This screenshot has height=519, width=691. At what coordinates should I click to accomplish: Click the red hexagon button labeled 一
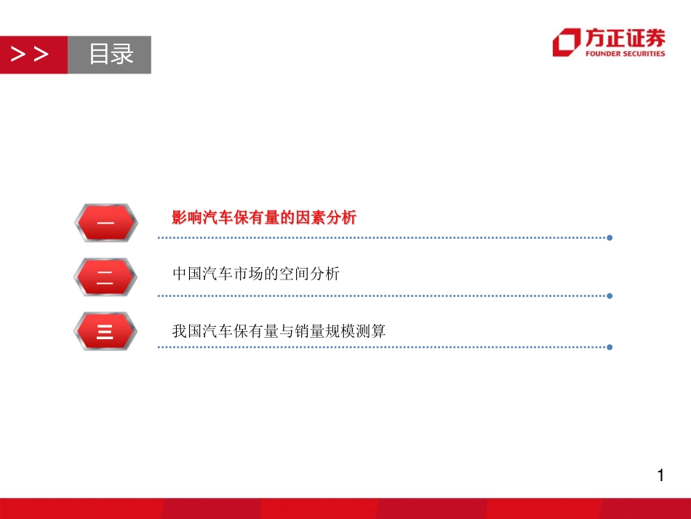[x=105, y=223]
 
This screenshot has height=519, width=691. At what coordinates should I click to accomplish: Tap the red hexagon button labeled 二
[x=105, y=277]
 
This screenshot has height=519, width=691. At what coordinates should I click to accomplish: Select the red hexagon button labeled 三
[x=105, y=331]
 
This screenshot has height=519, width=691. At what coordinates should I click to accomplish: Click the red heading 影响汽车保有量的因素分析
[x=264, y=218]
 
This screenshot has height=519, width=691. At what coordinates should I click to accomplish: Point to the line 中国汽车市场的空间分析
[x=256, y=274]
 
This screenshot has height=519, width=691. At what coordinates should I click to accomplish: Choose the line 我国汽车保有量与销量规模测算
[x=279, y=331]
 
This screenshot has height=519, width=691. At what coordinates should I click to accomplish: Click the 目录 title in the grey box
[x=111, y=55]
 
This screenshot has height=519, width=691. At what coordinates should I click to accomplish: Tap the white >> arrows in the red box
[x=31, y=55]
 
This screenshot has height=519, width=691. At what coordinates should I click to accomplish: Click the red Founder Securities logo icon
[x=567, y=42]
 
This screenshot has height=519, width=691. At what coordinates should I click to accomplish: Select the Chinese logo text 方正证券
[x=625, y=37]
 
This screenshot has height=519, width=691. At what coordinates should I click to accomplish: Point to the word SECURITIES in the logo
[x=644, y=53]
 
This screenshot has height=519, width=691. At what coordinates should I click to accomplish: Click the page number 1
[x=660, y=477]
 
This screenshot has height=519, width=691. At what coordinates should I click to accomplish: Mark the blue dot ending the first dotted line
[x=610, y=238]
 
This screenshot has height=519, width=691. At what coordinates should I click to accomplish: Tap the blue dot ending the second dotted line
[x=610, y=296]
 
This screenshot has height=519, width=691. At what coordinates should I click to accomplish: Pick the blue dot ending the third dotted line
[x=610, y=347]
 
